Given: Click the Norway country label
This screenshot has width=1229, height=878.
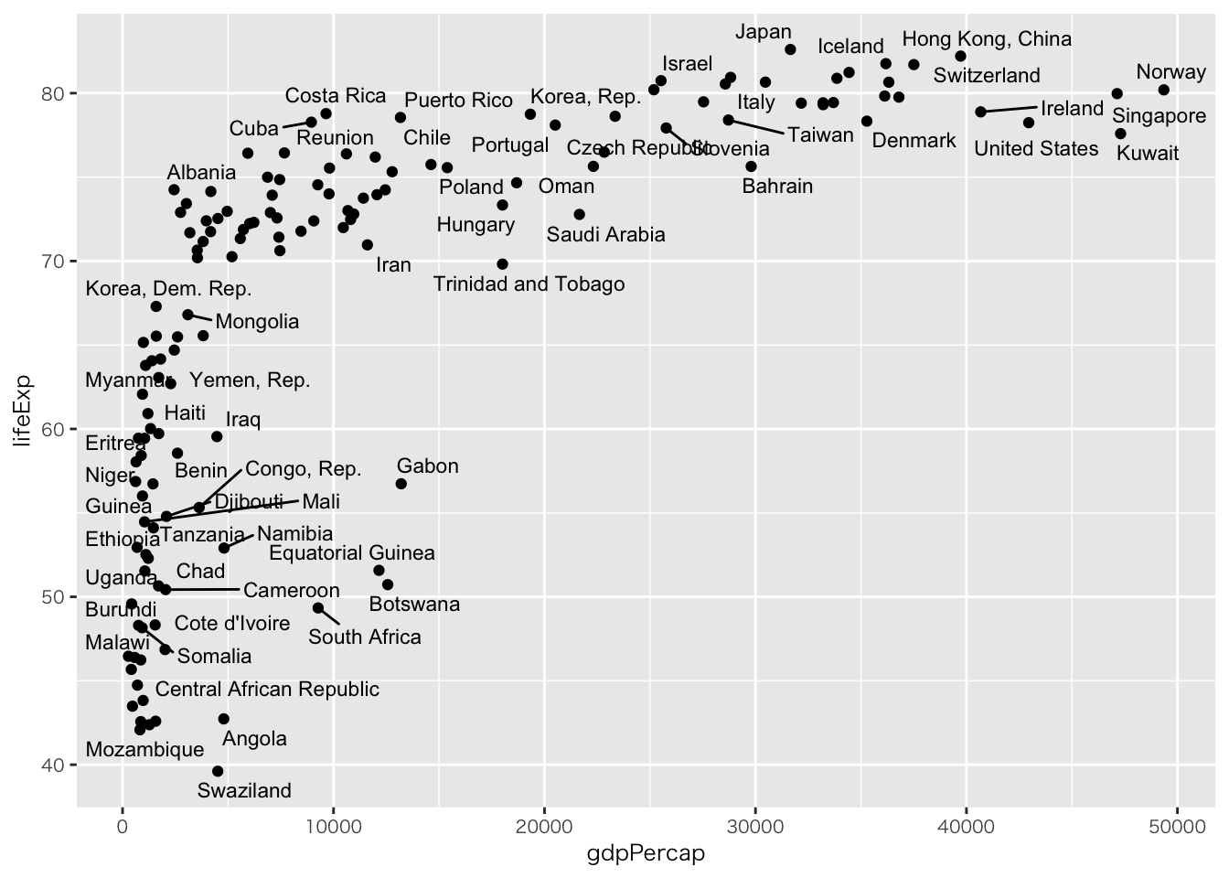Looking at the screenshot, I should coord(1170,72).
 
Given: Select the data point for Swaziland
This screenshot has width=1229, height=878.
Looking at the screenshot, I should coord(218,771).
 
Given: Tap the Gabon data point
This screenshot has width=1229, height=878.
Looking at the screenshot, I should coord(401,484).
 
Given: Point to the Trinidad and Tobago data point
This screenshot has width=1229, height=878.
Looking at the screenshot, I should coord(502,264).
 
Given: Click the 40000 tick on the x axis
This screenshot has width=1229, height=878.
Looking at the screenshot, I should coord(966,828).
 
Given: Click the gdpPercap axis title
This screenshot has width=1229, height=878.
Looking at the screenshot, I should coord(646,854).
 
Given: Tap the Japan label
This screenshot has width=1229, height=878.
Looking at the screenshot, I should coord(764,32).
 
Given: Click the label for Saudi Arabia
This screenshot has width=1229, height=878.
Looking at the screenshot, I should coord(605,235).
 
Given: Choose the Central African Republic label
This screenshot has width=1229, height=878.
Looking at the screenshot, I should coord(267,690).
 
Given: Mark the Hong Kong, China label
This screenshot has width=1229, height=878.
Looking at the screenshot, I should coord(987,39).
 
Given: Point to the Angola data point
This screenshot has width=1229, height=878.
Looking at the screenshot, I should coord(224,719).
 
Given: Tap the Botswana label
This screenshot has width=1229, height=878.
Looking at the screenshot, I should coord(414,605).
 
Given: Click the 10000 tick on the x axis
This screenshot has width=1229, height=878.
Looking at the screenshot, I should coord(333,828).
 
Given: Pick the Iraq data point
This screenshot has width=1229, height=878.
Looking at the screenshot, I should coord(217,436).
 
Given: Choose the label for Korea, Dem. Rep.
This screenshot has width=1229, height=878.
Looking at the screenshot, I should coord(168,289).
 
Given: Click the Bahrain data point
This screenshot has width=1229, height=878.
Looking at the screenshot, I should coord(751,166).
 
